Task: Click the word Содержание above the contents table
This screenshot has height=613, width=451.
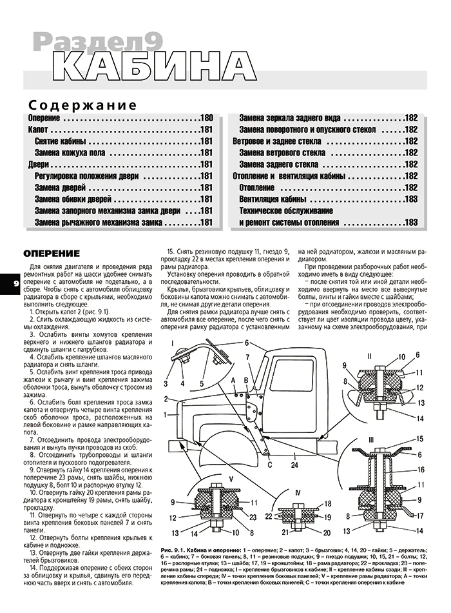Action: click(82, 105)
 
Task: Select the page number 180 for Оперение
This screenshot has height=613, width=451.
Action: click(206, 119)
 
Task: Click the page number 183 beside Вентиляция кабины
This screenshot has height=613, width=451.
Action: click(411, 199)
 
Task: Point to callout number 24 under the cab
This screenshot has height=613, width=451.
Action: click(294, 464)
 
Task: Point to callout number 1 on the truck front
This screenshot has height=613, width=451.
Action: click(166, 413)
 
